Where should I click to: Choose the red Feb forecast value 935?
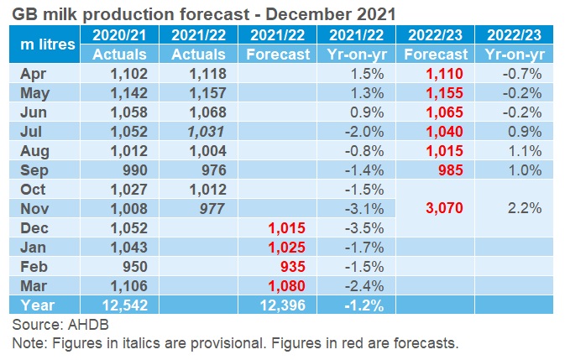point(289,267)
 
